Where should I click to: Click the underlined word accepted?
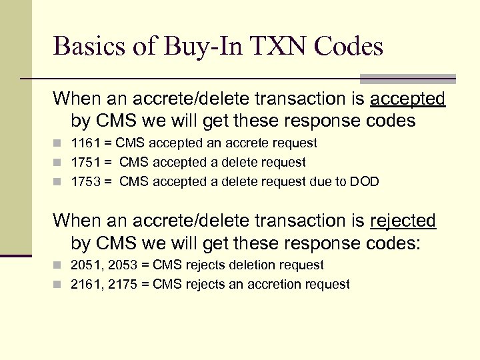tap(407, 99)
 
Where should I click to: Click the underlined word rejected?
tap(403, 221)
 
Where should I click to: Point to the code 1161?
tap(85, 143)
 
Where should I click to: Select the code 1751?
tap(85, 162)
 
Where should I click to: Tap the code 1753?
tap(85, 181)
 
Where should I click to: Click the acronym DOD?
tap(365, 181)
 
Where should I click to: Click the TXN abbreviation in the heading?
tap(270, 47)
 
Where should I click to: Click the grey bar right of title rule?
tap(407, 78)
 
